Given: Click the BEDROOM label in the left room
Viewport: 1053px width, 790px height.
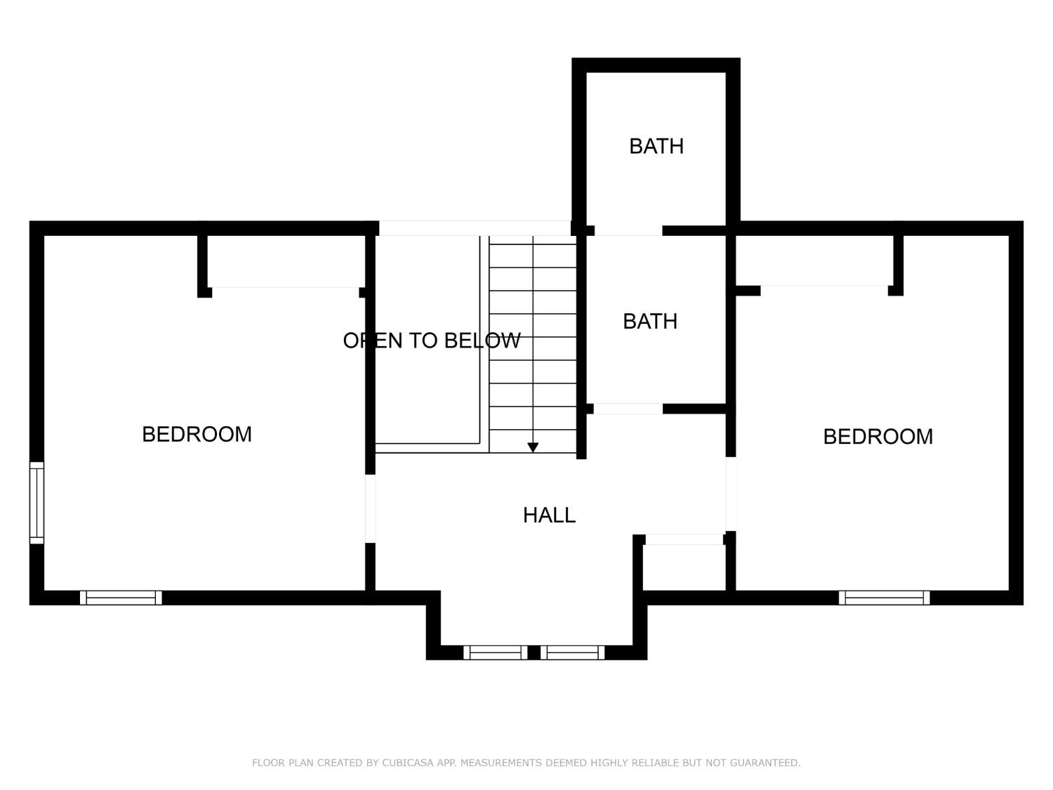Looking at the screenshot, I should tap(197, 435).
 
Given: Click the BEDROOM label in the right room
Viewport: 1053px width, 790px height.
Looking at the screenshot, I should tap(877, 437).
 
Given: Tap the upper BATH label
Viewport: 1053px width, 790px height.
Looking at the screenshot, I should tap(656, 146).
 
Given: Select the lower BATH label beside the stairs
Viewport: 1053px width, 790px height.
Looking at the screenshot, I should tap(650, 322).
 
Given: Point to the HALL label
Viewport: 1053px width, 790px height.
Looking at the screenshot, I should tap(549, 515).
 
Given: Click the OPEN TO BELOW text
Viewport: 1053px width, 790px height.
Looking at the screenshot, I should tap(431, 341).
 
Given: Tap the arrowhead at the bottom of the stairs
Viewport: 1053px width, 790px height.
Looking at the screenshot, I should tap(533, 447).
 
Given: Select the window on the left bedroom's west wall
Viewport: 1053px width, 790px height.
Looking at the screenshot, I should tap(37, 503).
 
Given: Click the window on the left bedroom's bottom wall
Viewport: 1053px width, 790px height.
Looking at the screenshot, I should tap(121, 598).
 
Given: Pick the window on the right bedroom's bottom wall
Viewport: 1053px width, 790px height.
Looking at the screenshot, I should tap(884, 598).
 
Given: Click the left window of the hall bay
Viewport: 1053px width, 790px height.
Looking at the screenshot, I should tap(495, 652).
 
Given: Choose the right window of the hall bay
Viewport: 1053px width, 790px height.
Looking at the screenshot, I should tap(572, 652).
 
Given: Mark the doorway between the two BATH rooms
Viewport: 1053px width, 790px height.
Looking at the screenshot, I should tap(628, 230).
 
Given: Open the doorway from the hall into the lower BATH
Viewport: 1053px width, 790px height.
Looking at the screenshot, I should tap(628, 409).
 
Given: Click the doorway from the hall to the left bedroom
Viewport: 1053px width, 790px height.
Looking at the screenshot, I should tap(370, 509).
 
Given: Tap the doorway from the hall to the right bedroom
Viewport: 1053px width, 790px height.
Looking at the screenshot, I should tap(730, 494).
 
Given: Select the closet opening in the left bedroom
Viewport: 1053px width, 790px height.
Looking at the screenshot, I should tap(285, 291).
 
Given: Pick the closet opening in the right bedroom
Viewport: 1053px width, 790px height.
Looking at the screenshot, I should tap(824, 290).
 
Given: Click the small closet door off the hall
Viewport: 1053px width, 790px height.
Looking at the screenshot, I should tap(684, 539).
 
